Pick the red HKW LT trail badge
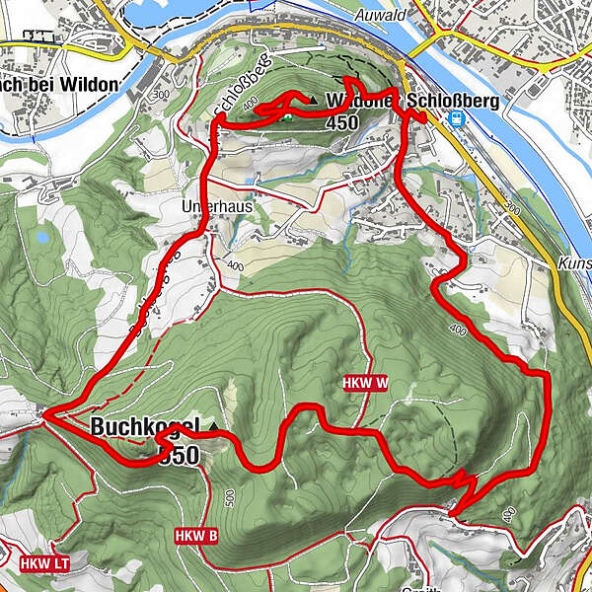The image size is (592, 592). click(x=43, y=564)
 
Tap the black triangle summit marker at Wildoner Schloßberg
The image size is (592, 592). click(x=314, y=100)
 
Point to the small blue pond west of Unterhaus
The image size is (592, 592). click(x=39, y=238)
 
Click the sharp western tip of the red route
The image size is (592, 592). click(x=43, y=416)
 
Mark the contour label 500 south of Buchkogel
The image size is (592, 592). click(x=229, y=495)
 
